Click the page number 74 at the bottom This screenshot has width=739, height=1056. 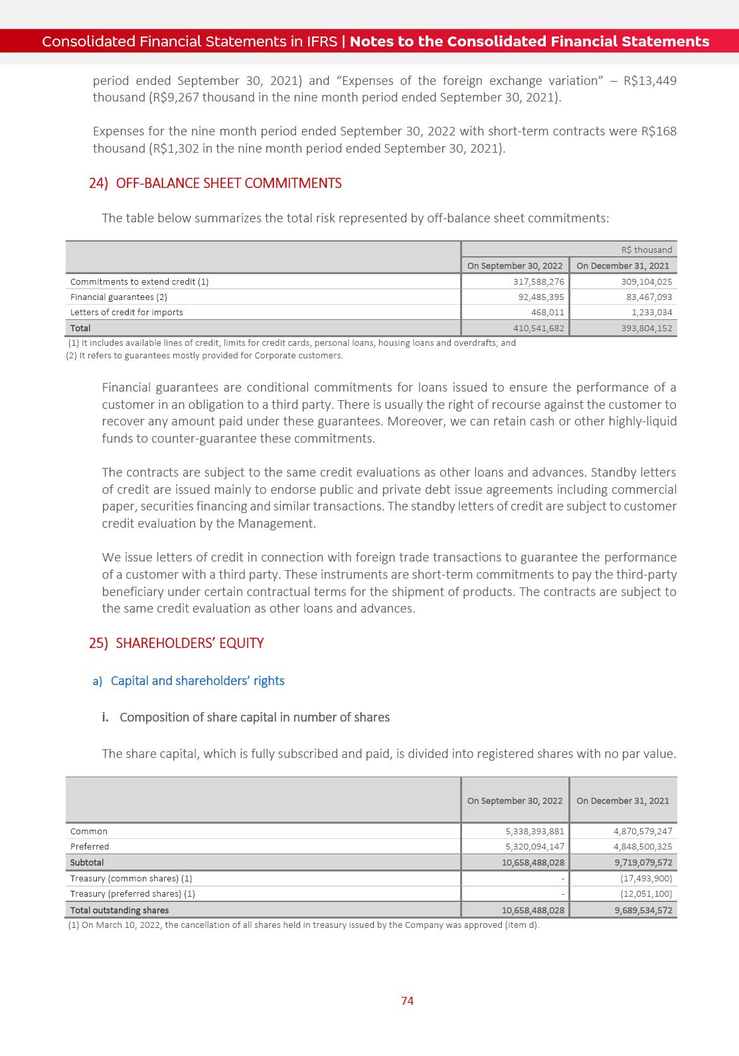(x=407, y=1000)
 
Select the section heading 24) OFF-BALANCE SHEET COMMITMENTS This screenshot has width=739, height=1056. (x=215, y=184)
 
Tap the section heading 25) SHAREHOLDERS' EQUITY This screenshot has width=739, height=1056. (x=177, y=643)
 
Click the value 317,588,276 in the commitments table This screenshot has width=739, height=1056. (x=538, y=281)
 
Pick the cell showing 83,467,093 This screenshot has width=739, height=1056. (x=644, y=297)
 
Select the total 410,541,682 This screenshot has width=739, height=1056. (x=538, y=328)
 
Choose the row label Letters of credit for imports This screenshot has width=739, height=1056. (x=127, y=312)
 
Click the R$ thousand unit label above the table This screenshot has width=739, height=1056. (x=646, y=250)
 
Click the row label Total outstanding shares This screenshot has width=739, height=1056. (x=120, y=910)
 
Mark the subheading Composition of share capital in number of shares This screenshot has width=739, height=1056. (x=254, y=717)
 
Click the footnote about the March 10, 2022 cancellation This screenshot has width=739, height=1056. (x=303, y=925)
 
